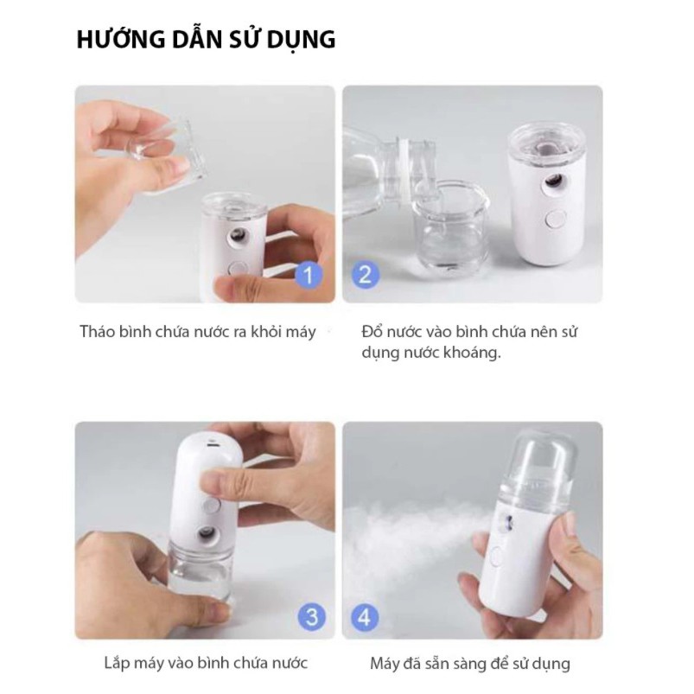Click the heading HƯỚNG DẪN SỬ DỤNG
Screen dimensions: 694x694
(x=206, y=40)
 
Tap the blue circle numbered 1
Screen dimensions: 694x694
(x=309, y=276)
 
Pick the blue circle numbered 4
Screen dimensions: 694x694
(x=366, y=617)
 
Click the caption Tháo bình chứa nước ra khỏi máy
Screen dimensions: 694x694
(x=198, y=331)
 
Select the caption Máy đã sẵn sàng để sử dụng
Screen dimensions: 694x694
(x=469, y=664)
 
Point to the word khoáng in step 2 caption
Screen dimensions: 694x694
(x=470, y=353)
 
